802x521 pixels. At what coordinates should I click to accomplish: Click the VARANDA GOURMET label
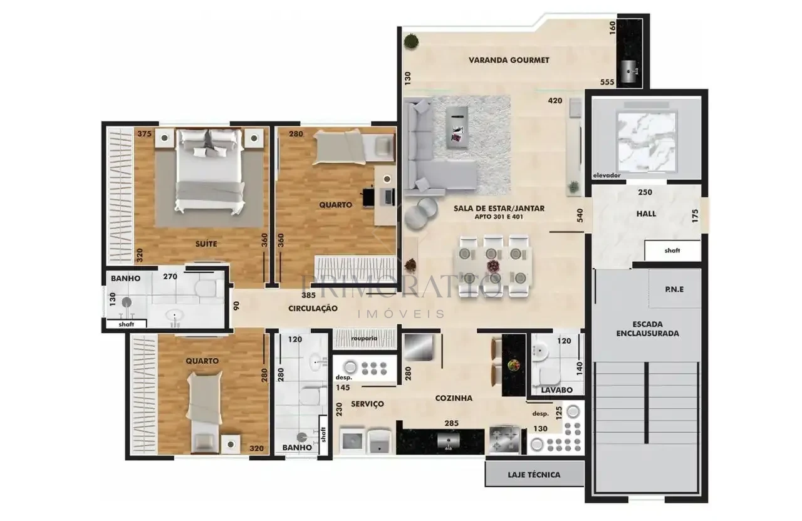(x=509, y=60)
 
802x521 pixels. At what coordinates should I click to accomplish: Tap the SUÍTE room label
(x=206, y=244)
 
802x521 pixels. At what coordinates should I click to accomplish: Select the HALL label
(x=646, y=214)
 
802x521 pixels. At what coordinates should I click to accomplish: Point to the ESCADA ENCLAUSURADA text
(x=648, y=329)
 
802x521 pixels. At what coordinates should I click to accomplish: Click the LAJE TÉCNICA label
(x=534, y=475)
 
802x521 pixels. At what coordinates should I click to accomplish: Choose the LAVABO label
(x=556, y=389)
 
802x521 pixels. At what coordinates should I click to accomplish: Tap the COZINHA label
(x=454, y=398)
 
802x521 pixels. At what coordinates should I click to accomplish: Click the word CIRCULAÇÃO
(x=313, y=308)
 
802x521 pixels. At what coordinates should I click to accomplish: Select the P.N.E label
(x=675, y=289)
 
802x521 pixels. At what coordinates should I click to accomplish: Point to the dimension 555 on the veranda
(x=607, y=82)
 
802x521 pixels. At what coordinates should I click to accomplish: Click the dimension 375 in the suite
(x=144, y=134)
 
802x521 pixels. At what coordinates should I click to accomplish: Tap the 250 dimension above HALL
(x=645, y=192)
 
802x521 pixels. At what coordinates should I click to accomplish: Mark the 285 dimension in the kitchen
(x=452, y=423)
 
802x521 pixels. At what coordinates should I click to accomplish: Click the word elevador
(x=607, y=175)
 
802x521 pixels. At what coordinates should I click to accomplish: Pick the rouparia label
(x=364, y=338)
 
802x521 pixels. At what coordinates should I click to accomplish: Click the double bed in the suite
(x=209, y=172)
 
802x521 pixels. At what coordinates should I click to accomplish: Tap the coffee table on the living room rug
(x=457, y=127)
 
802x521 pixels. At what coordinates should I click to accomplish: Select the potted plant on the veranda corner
(x=411, y=41)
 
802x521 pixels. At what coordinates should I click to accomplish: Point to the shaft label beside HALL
(x=672, y=250)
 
